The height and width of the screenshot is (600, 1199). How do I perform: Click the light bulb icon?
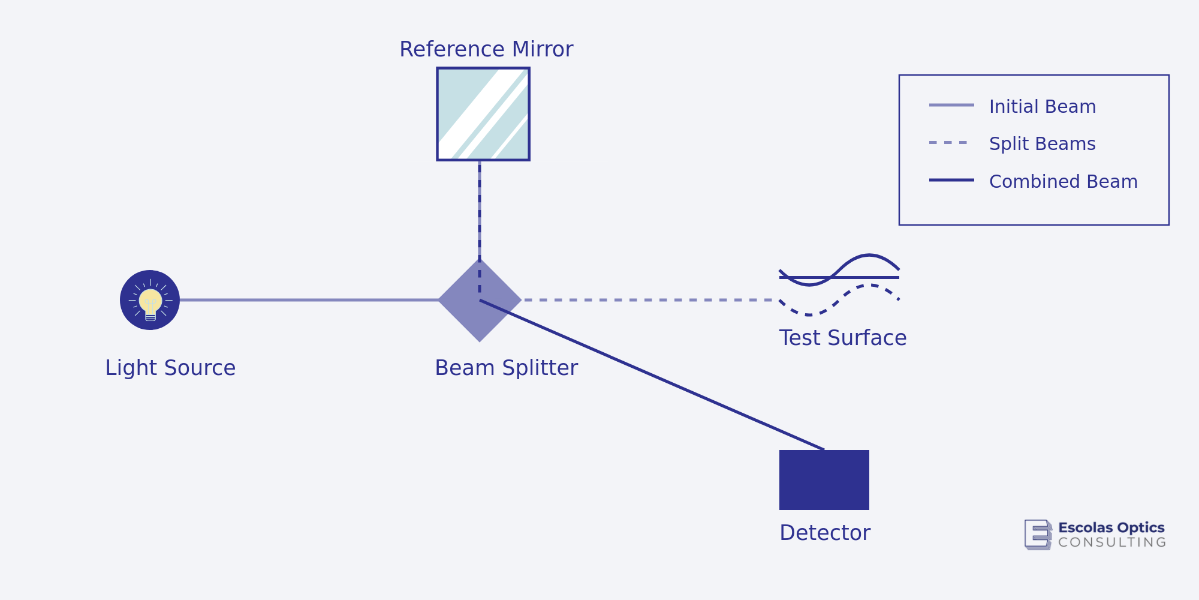150,300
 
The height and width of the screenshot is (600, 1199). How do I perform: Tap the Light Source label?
170,368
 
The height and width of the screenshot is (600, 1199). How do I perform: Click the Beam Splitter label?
506,368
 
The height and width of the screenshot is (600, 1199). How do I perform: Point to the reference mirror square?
483,114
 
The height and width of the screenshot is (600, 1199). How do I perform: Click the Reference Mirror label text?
486,49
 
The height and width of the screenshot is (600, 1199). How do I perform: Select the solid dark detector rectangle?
824,480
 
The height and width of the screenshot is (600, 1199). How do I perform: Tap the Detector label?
825,533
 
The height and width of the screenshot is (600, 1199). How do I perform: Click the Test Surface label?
842,338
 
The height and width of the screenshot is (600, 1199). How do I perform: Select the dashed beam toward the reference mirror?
480,210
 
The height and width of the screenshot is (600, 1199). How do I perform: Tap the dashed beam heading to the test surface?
647,300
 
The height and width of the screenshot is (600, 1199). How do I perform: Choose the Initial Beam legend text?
1042,107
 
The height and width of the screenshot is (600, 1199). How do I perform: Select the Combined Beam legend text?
1063,182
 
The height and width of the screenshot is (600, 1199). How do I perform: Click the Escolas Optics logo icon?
1038,534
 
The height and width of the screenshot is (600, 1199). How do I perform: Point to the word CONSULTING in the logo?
1112,542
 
